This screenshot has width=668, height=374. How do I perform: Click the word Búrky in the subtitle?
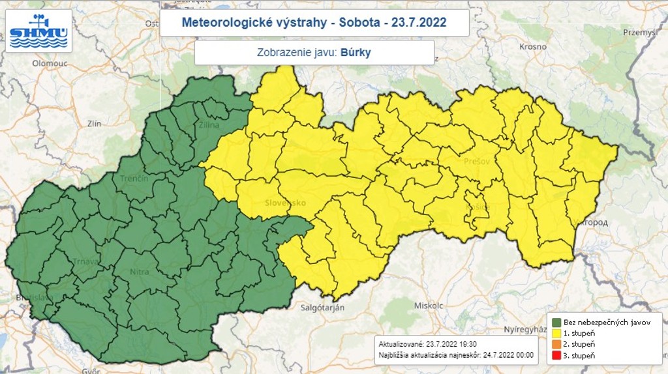[x=356, y=53]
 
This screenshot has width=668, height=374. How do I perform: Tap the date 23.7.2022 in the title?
[x=419, y=23]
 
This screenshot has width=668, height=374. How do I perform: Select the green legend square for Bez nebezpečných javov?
[x=556, y=322]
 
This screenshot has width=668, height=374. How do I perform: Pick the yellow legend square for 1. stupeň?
[x=556, y=333]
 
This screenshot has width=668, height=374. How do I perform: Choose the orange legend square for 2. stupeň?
[x=556, y=344]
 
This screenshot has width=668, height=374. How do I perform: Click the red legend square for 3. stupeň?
[x=556, y=355]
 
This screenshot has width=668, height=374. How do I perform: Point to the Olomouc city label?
[x=51, y=63]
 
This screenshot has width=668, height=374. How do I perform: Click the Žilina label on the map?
[x=209, y=124]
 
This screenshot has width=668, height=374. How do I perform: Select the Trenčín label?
[x=134, y=178]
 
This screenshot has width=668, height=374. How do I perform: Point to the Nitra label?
[x=139, y=272]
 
